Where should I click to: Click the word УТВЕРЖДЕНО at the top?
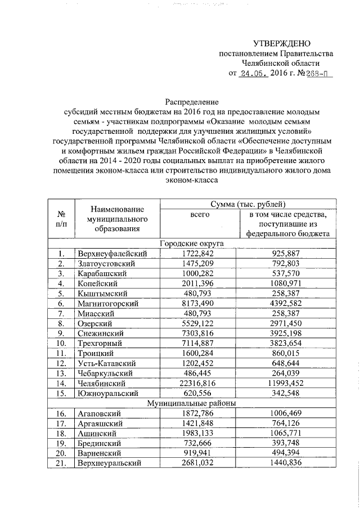pos(281,43)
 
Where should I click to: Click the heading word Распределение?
pos(191,102)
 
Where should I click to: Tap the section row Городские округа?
pos(191,244)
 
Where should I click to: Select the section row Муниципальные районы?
pos(191,403)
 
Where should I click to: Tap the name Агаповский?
pos(98,413)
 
